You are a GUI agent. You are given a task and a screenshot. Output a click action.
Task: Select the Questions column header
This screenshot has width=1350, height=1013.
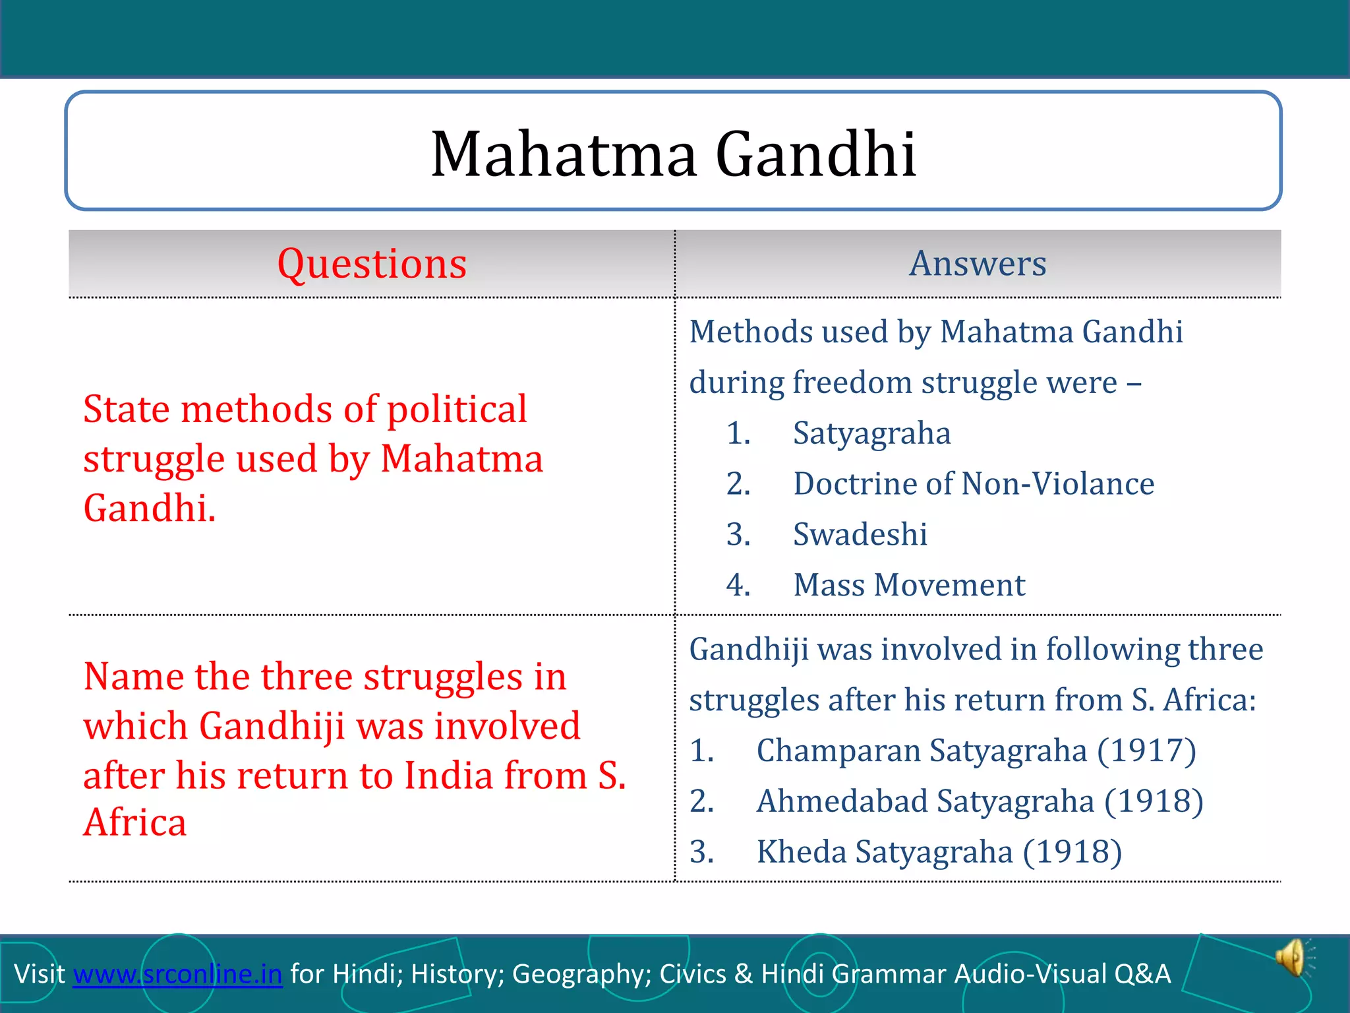tap(372, 264)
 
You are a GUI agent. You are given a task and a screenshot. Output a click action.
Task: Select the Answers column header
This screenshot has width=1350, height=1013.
tap(978, 263)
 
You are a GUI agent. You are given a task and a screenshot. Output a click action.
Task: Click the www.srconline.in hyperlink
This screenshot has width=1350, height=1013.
tap(177, 974)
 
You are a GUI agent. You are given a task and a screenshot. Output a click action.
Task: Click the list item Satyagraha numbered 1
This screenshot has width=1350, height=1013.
tap(871, 434)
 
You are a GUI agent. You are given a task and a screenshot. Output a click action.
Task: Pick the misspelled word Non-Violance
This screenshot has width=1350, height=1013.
tap(1058, 483)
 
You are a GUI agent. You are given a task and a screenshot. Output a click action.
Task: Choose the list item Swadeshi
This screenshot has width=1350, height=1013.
tap(860, 534)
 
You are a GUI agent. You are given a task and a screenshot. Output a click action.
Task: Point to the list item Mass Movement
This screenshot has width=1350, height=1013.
tap(909, 585)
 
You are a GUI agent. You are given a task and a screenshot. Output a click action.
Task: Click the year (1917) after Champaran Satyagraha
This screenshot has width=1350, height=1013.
tap(1146, 751)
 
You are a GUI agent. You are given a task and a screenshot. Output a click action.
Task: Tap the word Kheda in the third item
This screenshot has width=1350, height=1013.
tap(801, 851)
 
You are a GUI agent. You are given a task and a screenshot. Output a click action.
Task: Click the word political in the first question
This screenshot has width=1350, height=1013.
tap(456, 410)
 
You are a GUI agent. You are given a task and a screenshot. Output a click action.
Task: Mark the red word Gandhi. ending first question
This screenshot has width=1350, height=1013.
tap(150, 508)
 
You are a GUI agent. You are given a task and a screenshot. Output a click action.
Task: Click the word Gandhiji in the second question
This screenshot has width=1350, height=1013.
tap(272, 726)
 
